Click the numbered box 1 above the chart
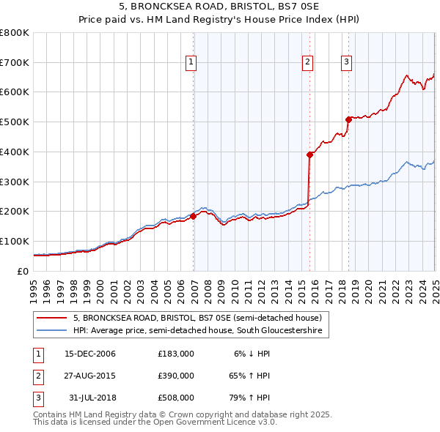pos(191,62)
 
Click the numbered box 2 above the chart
pos(307,62)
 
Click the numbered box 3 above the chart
pos(345,62)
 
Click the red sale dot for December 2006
pos(194,216)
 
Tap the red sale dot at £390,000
pos(309,154)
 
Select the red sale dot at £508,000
pos(348,119)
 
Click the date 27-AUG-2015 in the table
pos(90,376)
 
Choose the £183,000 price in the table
pos(176,354)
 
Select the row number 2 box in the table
pos(37,376)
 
